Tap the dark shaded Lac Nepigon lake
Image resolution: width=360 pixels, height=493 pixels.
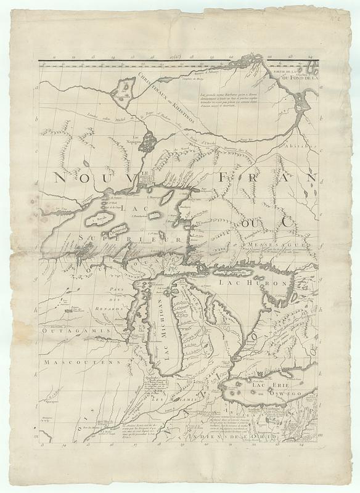click(149, 141)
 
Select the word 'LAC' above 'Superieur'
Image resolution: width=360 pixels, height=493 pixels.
click(131, 210)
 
